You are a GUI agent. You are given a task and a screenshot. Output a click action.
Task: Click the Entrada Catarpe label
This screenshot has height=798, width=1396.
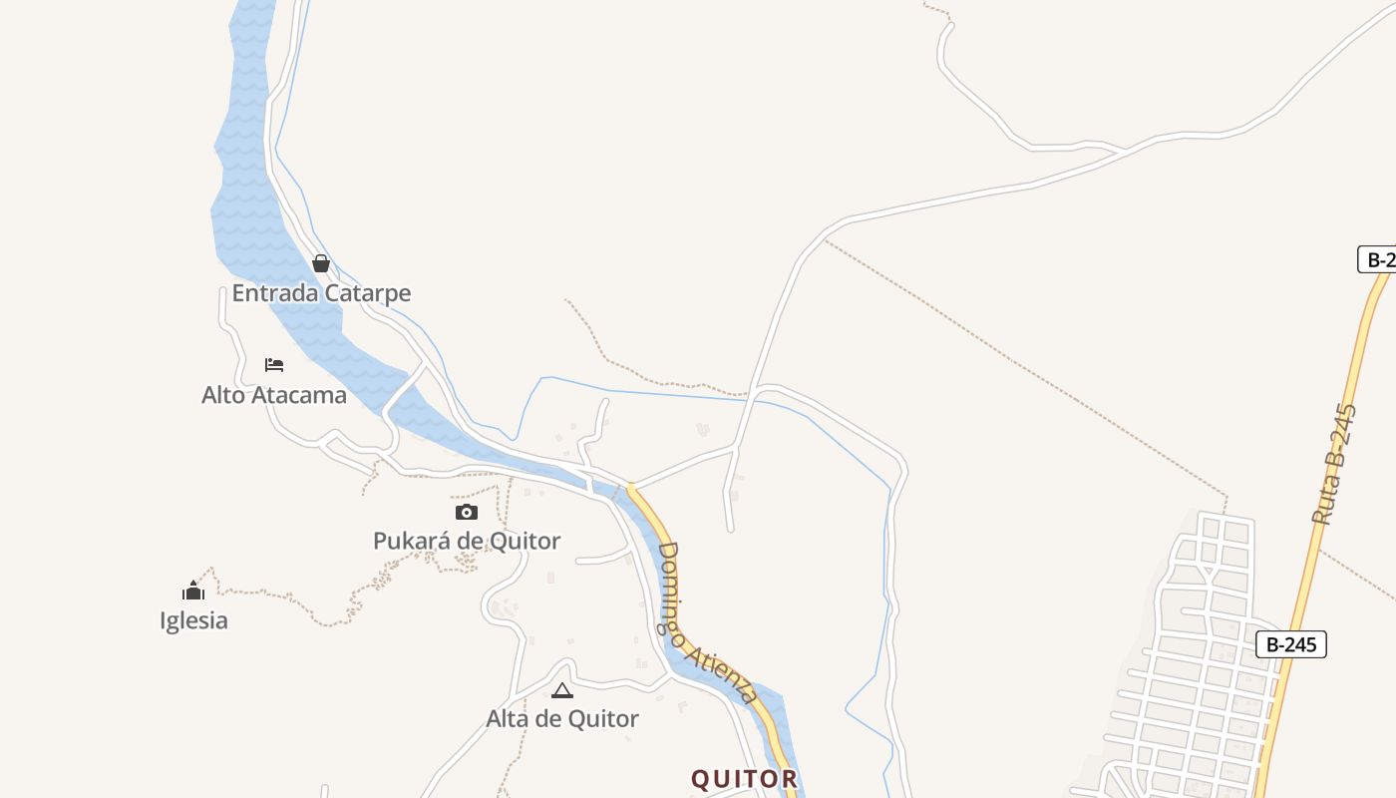point(321,293)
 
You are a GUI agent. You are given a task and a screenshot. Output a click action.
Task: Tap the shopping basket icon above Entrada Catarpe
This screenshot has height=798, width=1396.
point(321,263)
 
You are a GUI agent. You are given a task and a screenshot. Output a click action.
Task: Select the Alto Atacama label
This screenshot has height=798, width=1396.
point(274,395)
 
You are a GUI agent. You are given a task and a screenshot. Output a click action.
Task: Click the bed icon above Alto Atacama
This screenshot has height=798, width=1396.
point(274,365)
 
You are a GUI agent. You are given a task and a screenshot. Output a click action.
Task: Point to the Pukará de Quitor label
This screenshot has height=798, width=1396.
point(467,541)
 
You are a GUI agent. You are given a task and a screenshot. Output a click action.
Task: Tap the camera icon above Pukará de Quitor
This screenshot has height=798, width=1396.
point(467,513)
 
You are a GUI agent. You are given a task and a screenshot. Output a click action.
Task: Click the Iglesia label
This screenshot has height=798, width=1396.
point(193,620)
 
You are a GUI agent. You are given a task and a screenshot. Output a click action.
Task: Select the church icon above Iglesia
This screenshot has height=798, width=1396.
point(193,591)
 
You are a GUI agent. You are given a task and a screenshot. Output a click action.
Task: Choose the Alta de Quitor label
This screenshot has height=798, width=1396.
point(562,718)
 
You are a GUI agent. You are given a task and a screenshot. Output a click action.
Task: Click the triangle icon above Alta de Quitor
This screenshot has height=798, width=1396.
point(562,690)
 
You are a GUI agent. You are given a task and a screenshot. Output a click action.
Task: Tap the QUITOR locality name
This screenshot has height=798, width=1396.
point(745,779)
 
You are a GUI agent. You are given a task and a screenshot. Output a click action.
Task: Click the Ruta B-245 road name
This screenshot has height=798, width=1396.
point(1335,464)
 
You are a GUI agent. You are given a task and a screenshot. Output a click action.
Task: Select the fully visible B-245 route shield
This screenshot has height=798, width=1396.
point(1291,644)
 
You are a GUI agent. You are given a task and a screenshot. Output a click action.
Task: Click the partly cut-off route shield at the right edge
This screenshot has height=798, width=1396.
point(1378,259)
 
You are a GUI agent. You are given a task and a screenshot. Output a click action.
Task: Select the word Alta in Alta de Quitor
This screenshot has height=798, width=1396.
point(507,718)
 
